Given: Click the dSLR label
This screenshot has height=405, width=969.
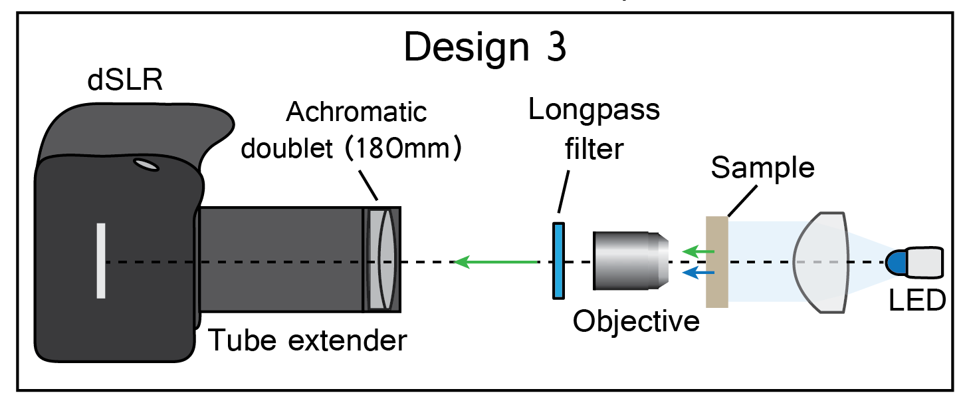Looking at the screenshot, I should pyautogui.click(x=126, y=82).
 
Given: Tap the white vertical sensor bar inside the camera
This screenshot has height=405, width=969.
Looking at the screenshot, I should pyautogui.click(x=101, y=261).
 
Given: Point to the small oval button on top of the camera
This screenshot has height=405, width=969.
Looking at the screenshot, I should pyautogui.click(x=145, y=164).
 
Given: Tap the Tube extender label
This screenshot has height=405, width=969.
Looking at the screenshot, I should pyautogui.click(x=308, y=340).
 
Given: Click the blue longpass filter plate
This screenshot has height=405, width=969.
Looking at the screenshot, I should pyautogui.click(x=558, y=261).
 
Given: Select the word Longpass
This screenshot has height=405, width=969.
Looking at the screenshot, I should pyautogui.click(x=593, y=110).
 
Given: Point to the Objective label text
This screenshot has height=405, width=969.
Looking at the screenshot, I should pyautogui.click(x=637, y=322).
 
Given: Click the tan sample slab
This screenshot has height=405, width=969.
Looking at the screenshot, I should pyautogui.click(x=718, y=261).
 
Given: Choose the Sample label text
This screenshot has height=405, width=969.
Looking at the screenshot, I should pyautogui.click(x=762, y=169).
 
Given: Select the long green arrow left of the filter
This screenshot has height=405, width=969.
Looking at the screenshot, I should pyautogui.click(x=495, y=262).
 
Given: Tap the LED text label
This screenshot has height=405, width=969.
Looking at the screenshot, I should pyautogui.click(x=917, y=301).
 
